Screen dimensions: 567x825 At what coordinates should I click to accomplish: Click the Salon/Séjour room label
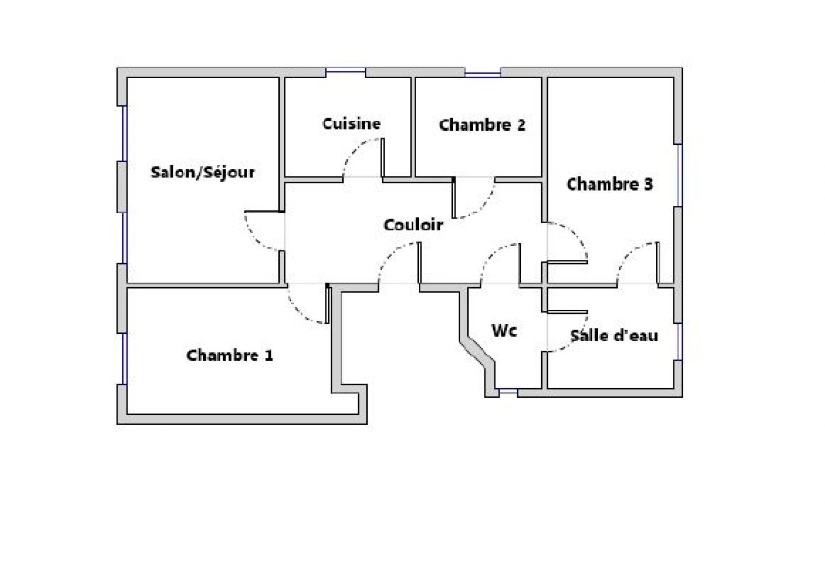pyautogui.click(x=203, y=172)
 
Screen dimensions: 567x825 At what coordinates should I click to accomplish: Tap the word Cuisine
pyautogui.click(x=351, y=124)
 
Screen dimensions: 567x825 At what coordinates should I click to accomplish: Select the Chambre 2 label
pyautogui.click(x=482, y=125)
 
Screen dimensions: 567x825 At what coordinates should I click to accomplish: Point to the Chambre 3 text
pyautogui.click(x=609, y=184)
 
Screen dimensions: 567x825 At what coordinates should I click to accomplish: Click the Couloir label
pyautogui.click(x=414, y=225)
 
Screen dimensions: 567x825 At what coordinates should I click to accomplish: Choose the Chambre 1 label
pyautogui.click(x=229, y=355)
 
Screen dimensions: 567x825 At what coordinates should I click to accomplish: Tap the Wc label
pyautogui.click(x=504, y=331)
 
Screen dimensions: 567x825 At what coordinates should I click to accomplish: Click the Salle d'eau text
pyautogui.click(x=614, y=335)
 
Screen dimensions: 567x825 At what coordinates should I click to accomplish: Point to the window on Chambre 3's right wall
pyautogui.click(x=680, y=175)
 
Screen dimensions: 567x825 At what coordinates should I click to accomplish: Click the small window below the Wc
pyautogui.click(x=507, y=391)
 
